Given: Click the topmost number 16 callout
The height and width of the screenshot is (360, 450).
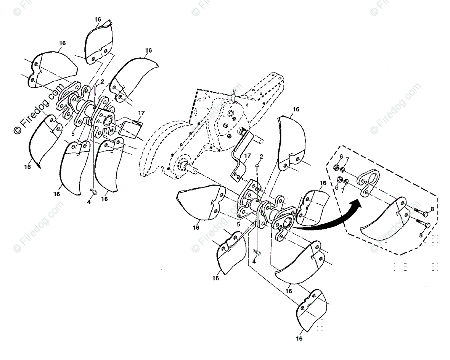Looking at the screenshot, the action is [x=98, y=19].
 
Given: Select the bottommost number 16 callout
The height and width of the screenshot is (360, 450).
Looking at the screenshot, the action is [x=299, y=339].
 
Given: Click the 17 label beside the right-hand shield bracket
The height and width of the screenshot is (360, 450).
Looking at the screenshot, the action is [x=247, y=155].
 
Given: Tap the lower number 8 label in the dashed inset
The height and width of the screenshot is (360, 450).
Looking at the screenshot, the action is [x=421, y=235].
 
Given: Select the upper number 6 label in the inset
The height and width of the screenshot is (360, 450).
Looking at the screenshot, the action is [x=341, y=156].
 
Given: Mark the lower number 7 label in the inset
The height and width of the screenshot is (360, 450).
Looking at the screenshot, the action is [x=342, y=191].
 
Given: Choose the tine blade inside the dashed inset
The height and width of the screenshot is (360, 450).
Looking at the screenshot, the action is [x=384, y=219].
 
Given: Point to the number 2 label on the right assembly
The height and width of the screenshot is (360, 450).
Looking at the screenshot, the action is [x=261, y=157].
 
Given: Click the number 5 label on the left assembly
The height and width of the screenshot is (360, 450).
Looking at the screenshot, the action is [x=73, y=134].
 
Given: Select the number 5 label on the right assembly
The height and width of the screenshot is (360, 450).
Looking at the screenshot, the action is [x=238, y=225].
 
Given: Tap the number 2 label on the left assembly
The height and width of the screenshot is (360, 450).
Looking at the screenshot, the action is [x=103, y=82].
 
